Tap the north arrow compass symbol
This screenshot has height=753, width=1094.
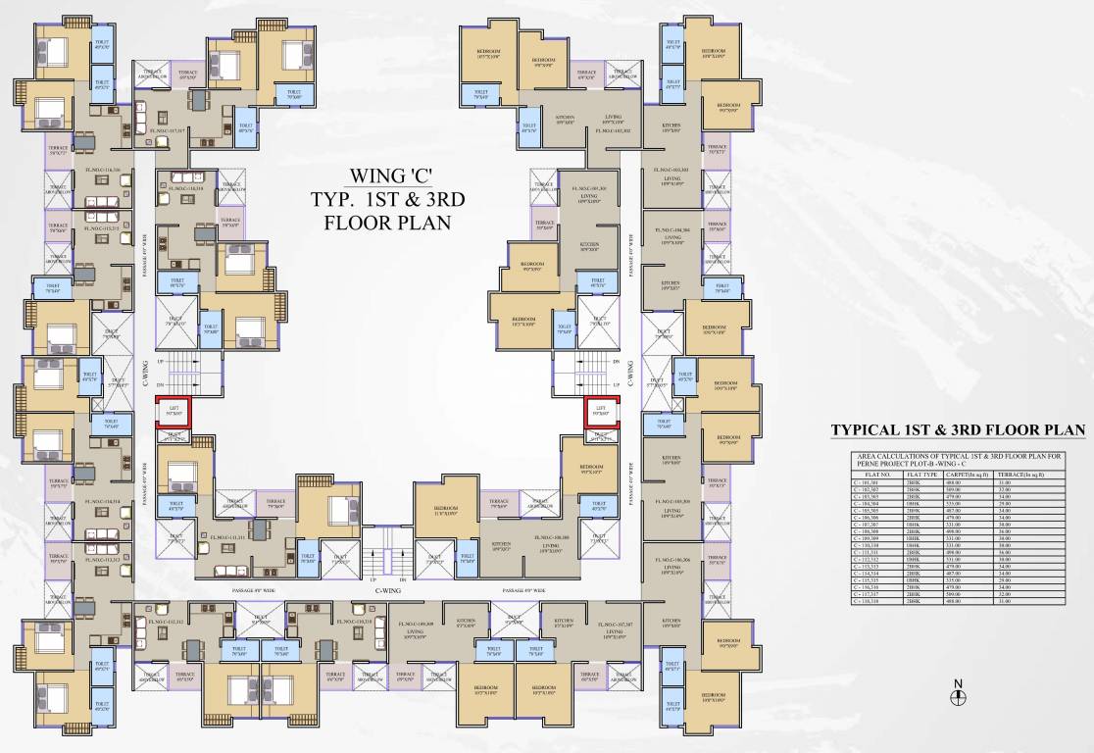(x=959, y=696)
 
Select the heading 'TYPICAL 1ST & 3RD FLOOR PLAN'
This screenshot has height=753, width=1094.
(x=958, y=429)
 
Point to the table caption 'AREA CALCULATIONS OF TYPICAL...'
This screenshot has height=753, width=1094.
(x=958, y=460)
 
